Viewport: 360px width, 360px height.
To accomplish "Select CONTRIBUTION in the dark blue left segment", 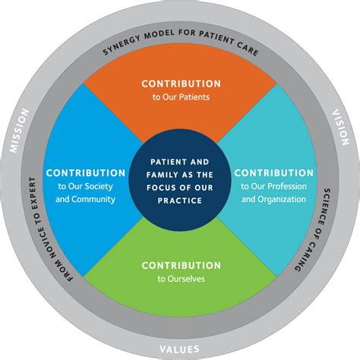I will (85, 173).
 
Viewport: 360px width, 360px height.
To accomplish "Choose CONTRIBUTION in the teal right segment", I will (274, 172).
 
